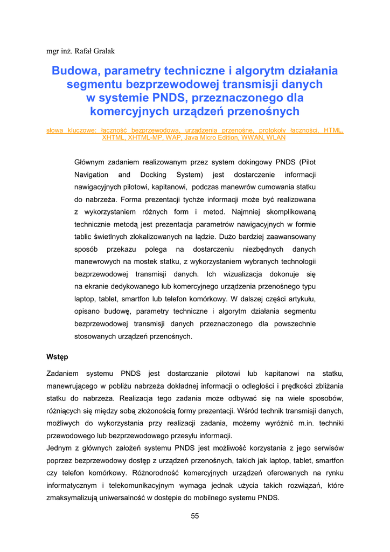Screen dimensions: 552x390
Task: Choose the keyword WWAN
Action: point(248,137)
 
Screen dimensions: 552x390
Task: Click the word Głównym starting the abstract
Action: point(90,162)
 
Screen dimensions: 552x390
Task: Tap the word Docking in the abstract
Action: point(154,175)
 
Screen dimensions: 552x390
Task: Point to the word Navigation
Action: point(91,175)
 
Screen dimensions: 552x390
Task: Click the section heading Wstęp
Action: point(57,357)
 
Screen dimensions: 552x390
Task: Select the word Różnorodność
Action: point(151,473)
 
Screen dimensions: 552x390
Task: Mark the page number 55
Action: point(195,516)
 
